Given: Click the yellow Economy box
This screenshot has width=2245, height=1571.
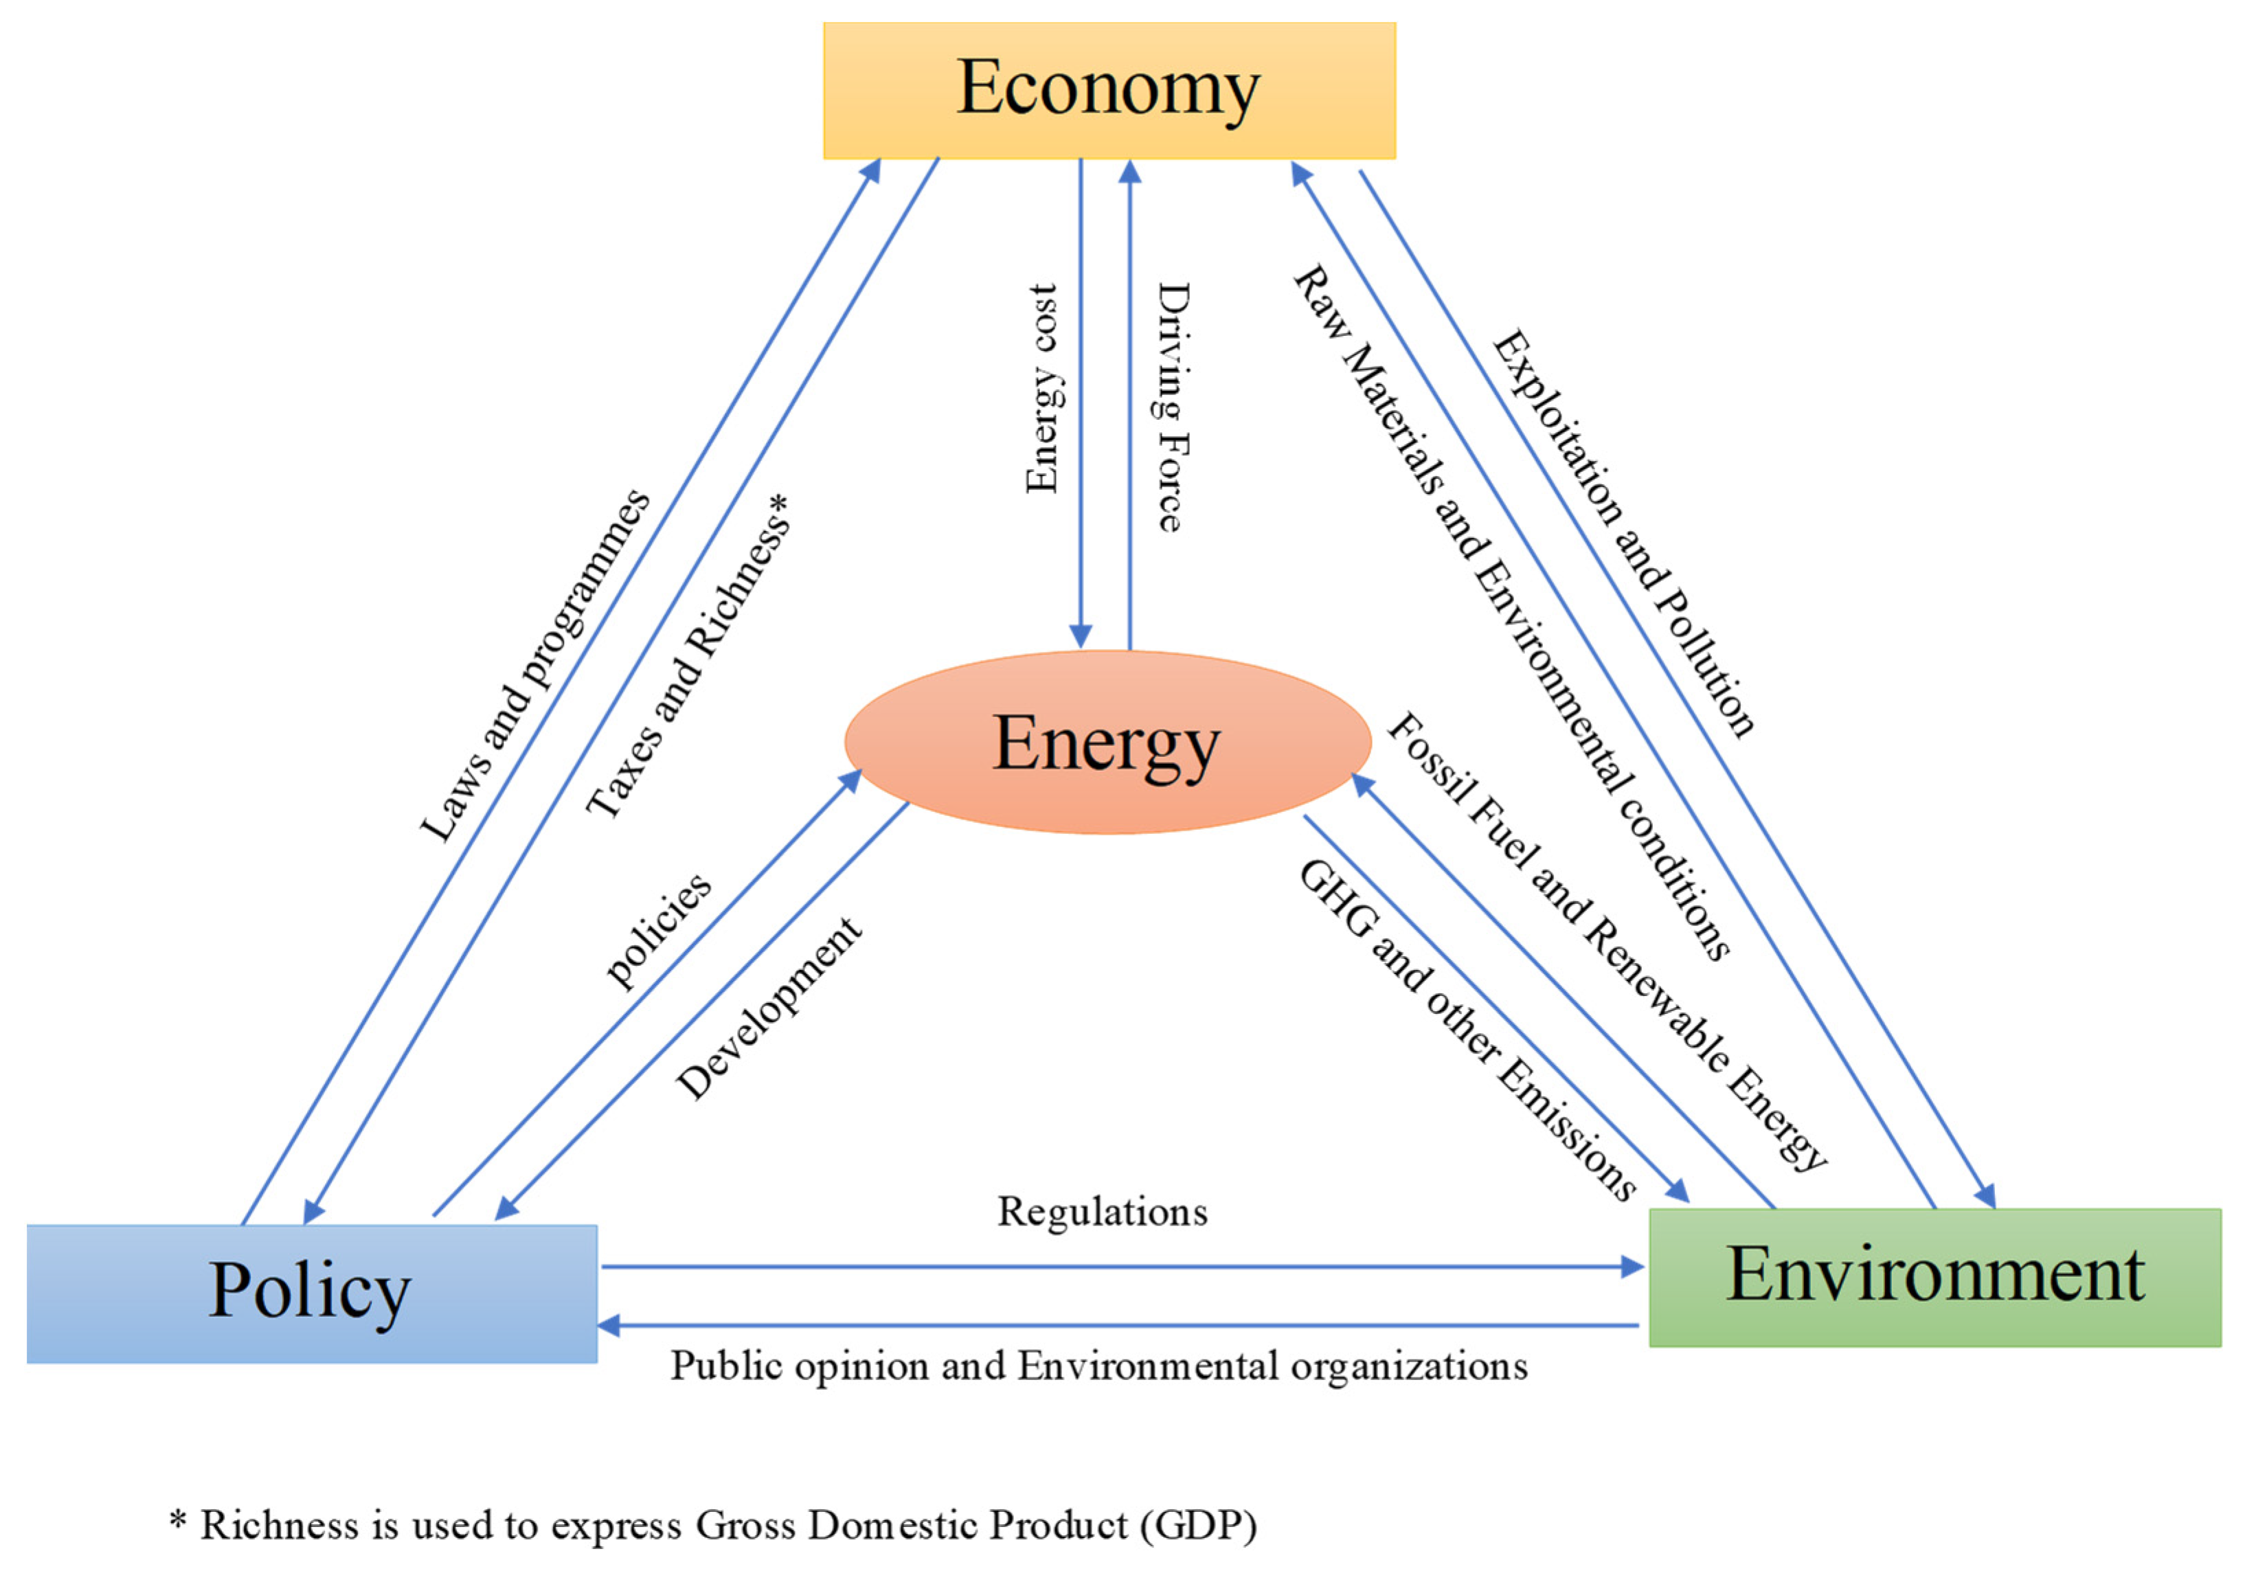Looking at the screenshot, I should pos(1109,90).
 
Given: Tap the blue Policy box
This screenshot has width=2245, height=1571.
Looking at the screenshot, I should pos(311,1292).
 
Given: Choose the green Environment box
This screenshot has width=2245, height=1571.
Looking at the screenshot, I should pos(1934,1277).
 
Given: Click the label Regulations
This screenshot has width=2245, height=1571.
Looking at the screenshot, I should pos(1102,1212).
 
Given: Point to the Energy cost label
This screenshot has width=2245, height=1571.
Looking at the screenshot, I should pos(1042,389).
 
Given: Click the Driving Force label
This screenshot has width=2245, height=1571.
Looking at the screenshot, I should pos(1173,407).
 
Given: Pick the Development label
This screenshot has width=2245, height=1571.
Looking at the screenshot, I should pos(769,1009).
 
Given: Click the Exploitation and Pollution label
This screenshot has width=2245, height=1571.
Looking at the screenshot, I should pos(1623,533).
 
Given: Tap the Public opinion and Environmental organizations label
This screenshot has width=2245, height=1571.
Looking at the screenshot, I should pos(1098,1366).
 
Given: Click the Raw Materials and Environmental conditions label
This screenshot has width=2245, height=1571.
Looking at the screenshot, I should pos(1511,611).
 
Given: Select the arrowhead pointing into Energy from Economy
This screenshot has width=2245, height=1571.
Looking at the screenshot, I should pos(1081,635).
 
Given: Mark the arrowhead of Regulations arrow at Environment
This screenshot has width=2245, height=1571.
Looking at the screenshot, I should pos(1633,1267).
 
